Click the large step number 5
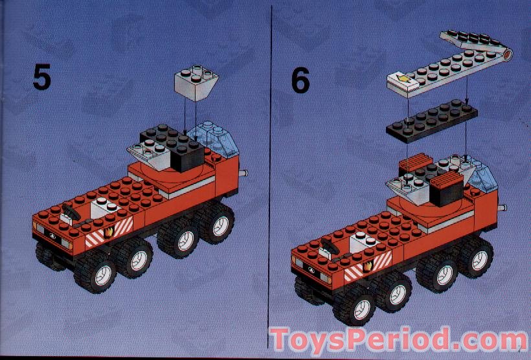[x=41, y=78]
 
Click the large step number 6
[x=300, y=80]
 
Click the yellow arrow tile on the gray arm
[x=403, y=82]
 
